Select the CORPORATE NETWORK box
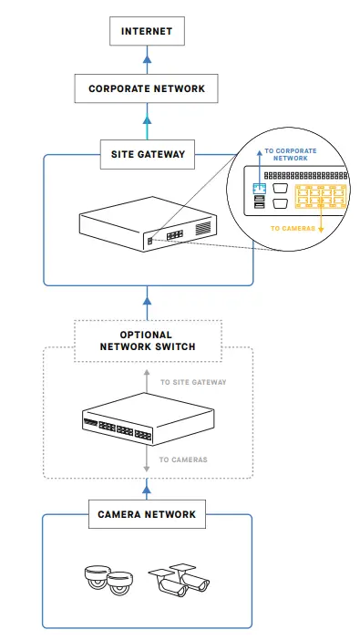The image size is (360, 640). point(147,89)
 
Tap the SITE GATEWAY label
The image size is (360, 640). point(147,155)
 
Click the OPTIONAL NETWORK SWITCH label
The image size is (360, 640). point(147,341)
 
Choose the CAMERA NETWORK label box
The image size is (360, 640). point(147,514)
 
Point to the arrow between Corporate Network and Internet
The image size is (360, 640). point(147,60)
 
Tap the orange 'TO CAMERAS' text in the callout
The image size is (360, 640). point(292,228)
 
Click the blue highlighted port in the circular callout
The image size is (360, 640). point(259,189)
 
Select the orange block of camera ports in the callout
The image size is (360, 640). point(319,200)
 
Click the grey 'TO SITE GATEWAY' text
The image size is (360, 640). point(192,383)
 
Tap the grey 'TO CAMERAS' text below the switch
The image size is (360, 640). point(182,459)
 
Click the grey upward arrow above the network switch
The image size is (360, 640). point(147,376)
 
